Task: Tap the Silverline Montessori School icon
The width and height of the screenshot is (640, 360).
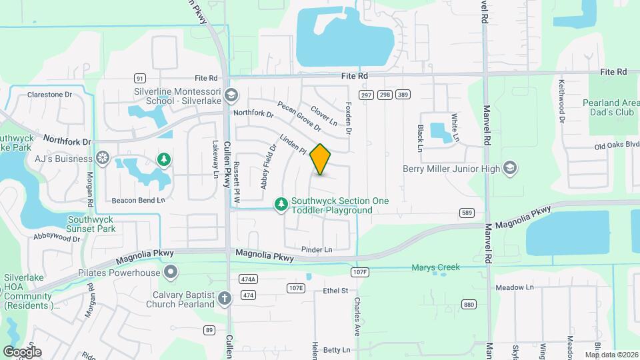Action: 231,95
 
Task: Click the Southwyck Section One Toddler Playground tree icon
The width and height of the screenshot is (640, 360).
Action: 281,202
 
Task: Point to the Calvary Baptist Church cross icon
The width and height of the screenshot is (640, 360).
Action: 225,297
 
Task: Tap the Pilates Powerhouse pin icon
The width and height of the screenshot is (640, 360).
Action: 171,272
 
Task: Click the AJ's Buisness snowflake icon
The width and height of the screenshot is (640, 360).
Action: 103,158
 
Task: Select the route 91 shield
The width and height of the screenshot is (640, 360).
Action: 139,78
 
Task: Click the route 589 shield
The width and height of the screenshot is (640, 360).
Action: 467,213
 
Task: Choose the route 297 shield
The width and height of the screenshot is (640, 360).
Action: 366,95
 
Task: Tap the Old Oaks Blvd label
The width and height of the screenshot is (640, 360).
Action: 613,146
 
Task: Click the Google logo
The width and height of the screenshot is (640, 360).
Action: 22,351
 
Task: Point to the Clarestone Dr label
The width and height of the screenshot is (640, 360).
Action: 49,95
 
